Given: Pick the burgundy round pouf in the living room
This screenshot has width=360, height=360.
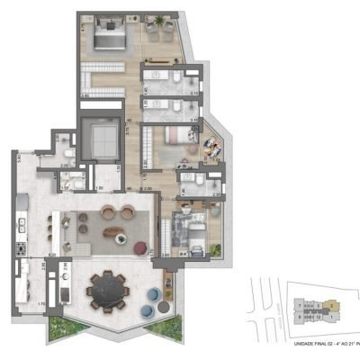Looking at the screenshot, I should pyautogui.click(x=140, y=247).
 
